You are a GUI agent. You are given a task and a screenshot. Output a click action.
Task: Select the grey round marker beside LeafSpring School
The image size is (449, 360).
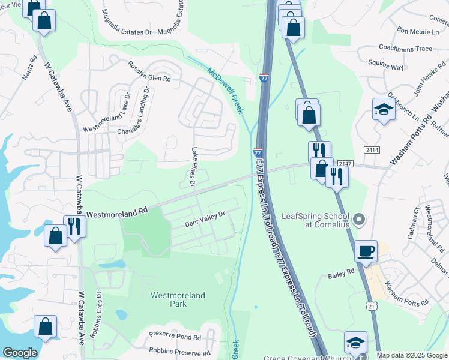pos(360,219)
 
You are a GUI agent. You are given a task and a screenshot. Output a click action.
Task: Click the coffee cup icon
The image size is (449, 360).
pos(366,251)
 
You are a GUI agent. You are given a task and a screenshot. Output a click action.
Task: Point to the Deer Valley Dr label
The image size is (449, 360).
pos(205,219)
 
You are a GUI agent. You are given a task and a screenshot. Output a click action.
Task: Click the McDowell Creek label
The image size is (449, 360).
pos(225,91)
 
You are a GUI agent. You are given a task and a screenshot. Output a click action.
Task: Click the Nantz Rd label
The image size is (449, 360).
pos(32,68)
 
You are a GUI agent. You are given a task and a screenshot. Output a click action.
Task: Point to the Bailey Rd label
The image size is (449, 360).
pos(342,274)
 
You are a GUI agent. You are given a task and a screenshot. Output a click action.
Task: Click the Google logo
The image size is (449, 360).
pos(20,353)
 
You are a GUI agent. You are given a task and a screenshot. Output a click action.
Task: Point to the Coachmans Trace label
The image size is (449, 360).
pos(406,48)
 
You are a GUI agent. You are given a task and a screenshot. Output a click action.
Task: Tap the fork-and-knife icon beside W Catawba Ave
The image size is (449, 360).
pos(74,226)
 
